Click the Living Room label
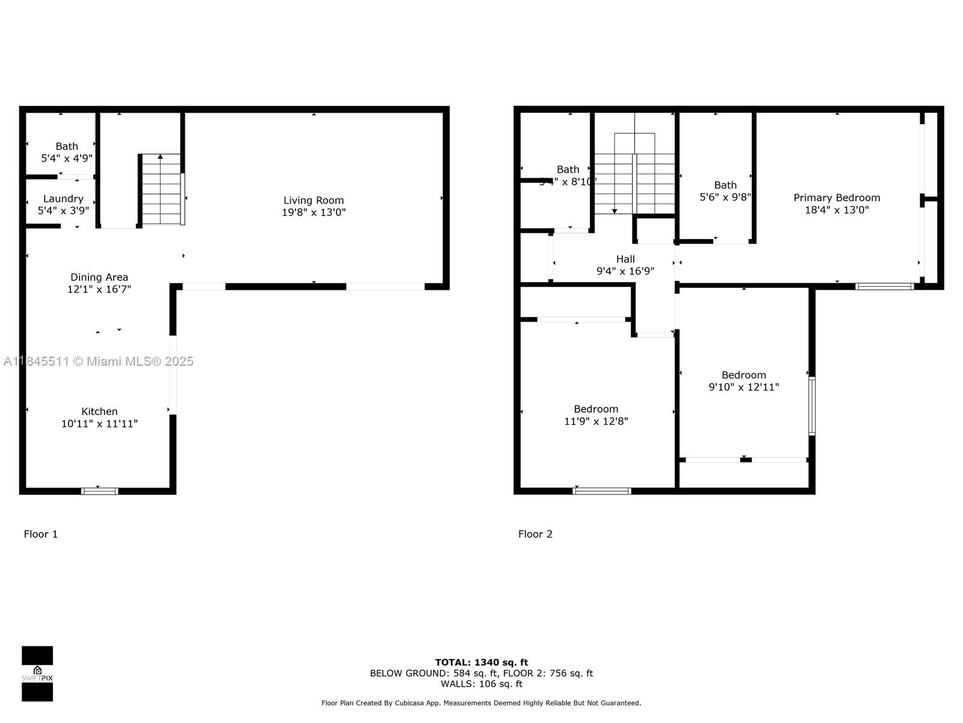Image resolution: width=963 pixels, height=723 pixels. click(x=314, y=200)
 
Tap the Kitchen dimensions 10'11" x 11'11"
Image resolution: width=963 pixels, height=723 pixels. click(x=99, y=424)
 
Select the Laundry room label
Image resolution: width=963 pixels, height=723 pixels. click(x=63, y=198)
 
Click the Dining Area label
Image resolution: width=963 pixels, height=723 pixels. click(x=99, y=277)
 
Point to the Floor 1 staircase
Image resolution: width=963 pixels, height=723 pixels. click(x=161, y=190)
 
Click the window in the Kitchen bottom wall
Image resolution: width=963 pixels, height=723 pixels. click(x=100, y=491)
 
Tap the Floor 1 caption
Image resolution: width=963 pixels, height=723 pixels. click(x=40, y=534)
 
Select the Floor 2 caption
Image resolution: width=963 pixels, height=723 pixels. click(x=535, y=534)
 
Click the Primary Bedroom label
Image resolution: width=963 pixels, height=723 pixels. click(x=837, y=198)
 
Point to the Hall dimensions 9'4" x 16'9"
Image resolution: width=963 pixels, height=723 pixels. click(x=625, y=271)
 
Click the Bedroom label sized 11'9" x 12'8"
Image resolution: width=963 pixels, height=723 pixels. click(x=596, y=409)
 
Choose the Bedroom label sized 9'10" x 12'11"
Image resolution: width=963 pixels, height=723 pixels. click(x=744, y=375)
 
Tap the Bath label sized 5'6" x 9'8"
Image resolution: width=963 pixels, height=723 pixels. click(x=725, y=185)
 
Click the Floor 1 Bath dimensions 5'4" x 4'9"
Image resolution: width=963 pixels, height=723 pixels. click(x=67, y=158)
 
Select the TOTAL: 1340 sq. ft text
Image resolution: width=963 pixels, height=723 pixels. click(x=482, y=662)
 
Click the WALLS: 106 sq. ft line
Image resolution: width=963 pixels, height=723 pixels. click(x=482, y=684)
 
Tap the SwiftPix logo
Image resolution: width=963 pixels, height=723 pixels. click(x=37, y=674)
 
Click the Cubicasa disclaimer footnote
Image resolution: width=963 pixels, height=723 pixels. click(x=482, y=703)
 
